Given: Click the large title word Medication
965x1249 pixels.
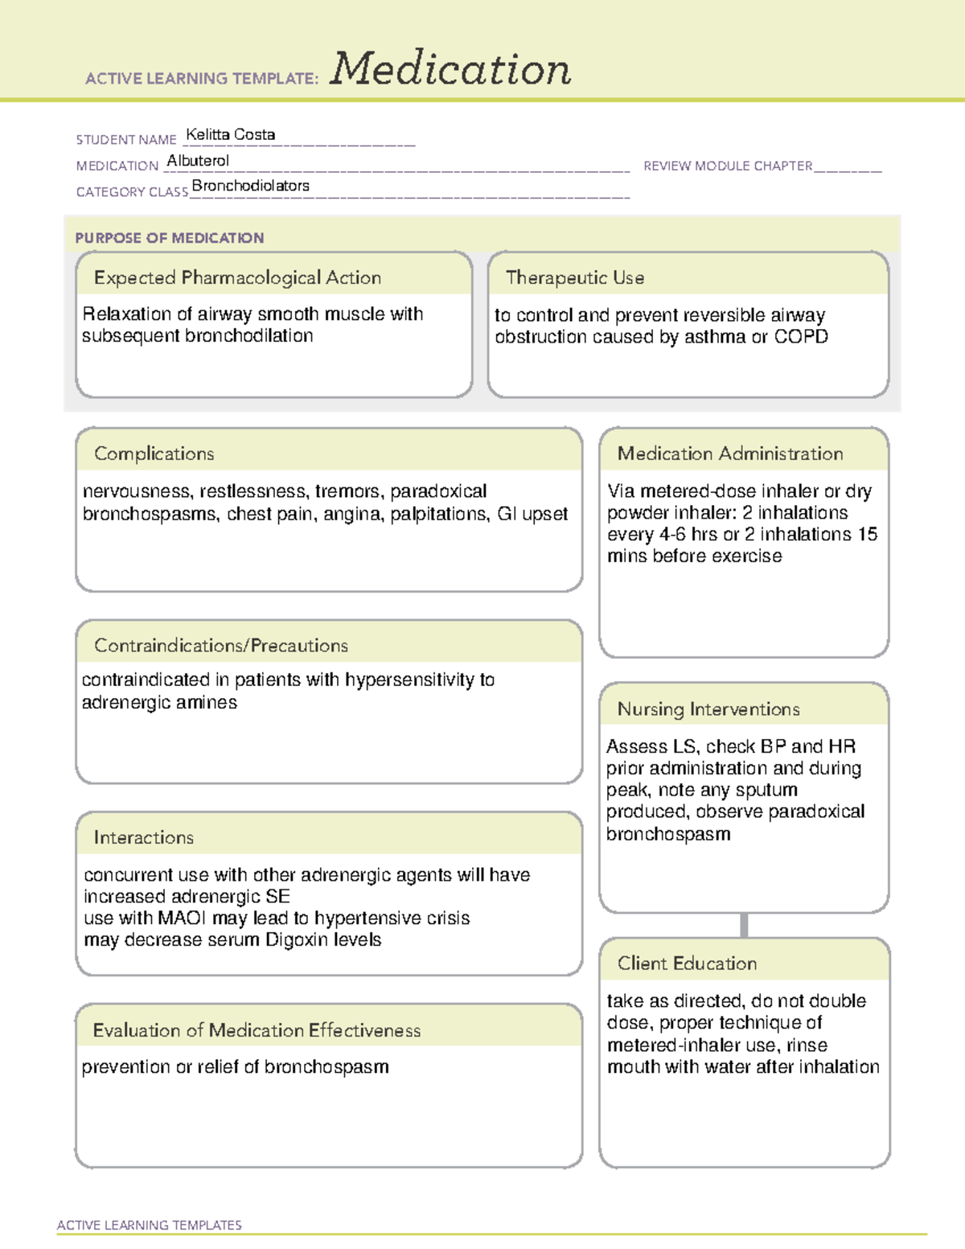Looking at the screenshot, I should [450, 69].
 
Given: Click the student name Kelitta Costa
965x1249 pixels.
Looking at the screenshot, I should [231, 134].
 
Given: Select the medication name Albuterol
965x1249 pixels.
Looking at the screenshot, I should [198, 161].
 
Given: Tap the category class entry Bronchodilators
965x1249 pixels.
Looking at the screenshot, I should [250, 186].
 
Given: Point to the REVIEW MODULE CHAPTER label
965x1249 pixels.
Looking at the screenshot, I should [728, 166].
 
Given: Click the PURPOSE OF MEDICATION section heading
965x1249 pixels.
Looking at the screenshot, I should [169, 238].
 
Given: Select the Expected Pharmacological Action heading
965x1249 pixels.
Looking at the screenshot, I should [237, 277].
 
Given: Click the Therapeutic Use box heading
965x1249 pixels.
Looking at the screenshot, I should [574, 277].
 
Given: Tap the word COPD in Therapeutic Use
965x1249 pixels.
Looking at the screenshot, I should [801, 337].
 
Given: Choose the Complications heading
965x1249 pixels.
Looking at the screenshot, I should [154, 454].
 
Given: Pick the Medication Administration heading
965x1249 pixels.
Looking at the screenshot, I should [729, 454].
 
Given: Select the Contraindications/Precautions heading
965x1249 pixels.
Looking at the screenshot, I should [220, 645].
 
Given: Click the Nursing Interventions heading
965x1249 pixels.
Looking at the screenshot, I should [708, 709].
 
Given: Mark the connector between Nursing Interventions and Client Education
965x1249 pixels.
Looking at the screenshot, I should [744, 925].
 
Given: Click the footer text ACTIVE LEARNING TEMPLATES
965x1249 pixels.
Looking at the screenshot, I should [150, 1225].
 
